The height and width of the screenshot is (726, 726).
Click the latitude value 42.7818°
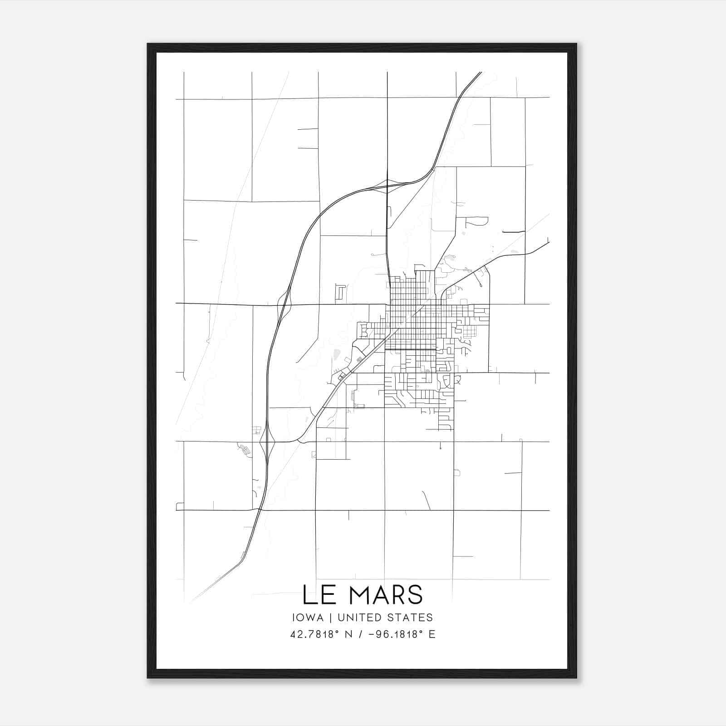[315, 634]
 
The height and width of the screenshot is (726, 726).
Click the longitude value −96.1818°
[392, 634]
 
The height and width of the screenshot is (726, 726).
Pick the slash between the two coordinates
[360, 634]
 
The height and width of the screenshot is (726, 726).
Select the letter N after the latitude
[348, 634]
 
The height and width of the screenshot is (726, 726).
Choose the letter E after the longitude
[432, 634]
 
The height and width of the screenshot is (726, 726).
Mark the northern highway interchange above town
[387, 186]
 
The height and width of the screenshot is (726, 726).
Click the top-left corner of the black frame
[148, 44]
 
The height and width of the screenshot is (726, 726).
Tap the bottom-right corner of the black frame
[576, 678]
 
